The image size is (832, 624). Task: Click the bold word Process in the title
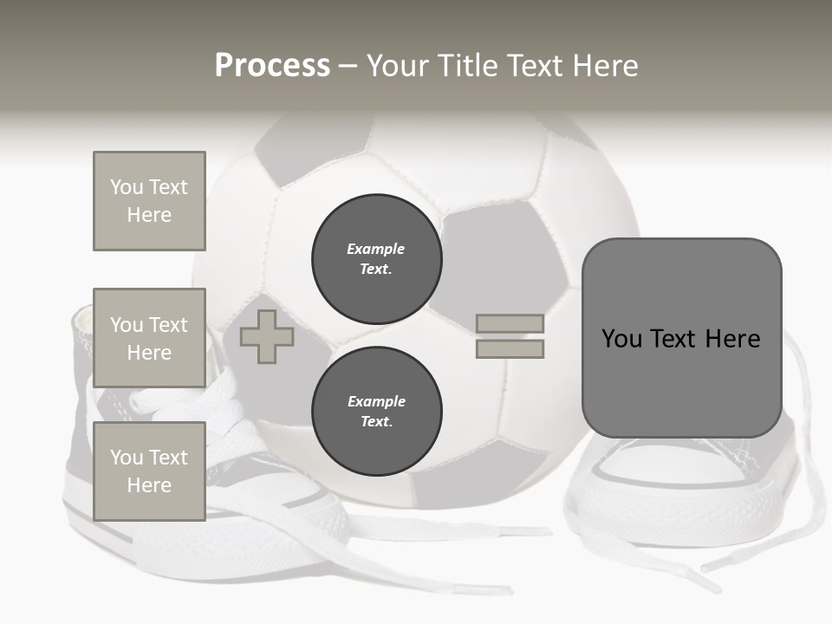tap(272, 66)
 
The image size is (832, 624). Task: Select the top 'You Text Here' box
tap(149, 201)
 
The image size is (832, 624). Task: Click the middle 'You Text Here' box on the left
tap(149, 338)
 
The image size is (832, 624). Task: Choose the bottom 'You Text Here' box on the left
tap(149, 471)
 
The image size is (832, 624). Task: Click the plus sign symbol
tap(267, 336)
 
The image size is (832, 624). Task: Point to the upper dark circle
tap(377, 259)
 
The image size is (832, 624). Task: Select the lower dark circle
tap(377, 412)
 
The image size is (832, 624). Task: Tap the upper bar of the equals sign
tap(510, 323)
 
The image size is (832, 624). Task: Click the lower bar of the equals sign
tap(510, 349)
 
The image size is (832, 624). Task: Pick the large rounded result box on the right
tap(681, 338)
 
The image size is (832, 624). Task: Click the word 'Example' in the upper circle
tap(375, 249)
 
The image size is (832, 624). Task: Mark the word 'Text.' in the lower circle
tap(376, 422)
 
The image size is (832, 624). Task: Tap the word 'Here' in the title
tap(606, 66)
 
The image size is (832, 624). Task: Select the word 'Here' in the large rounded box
tap(732, 339)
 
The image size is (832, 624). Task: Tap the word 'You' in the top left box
tap(127, 187)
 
